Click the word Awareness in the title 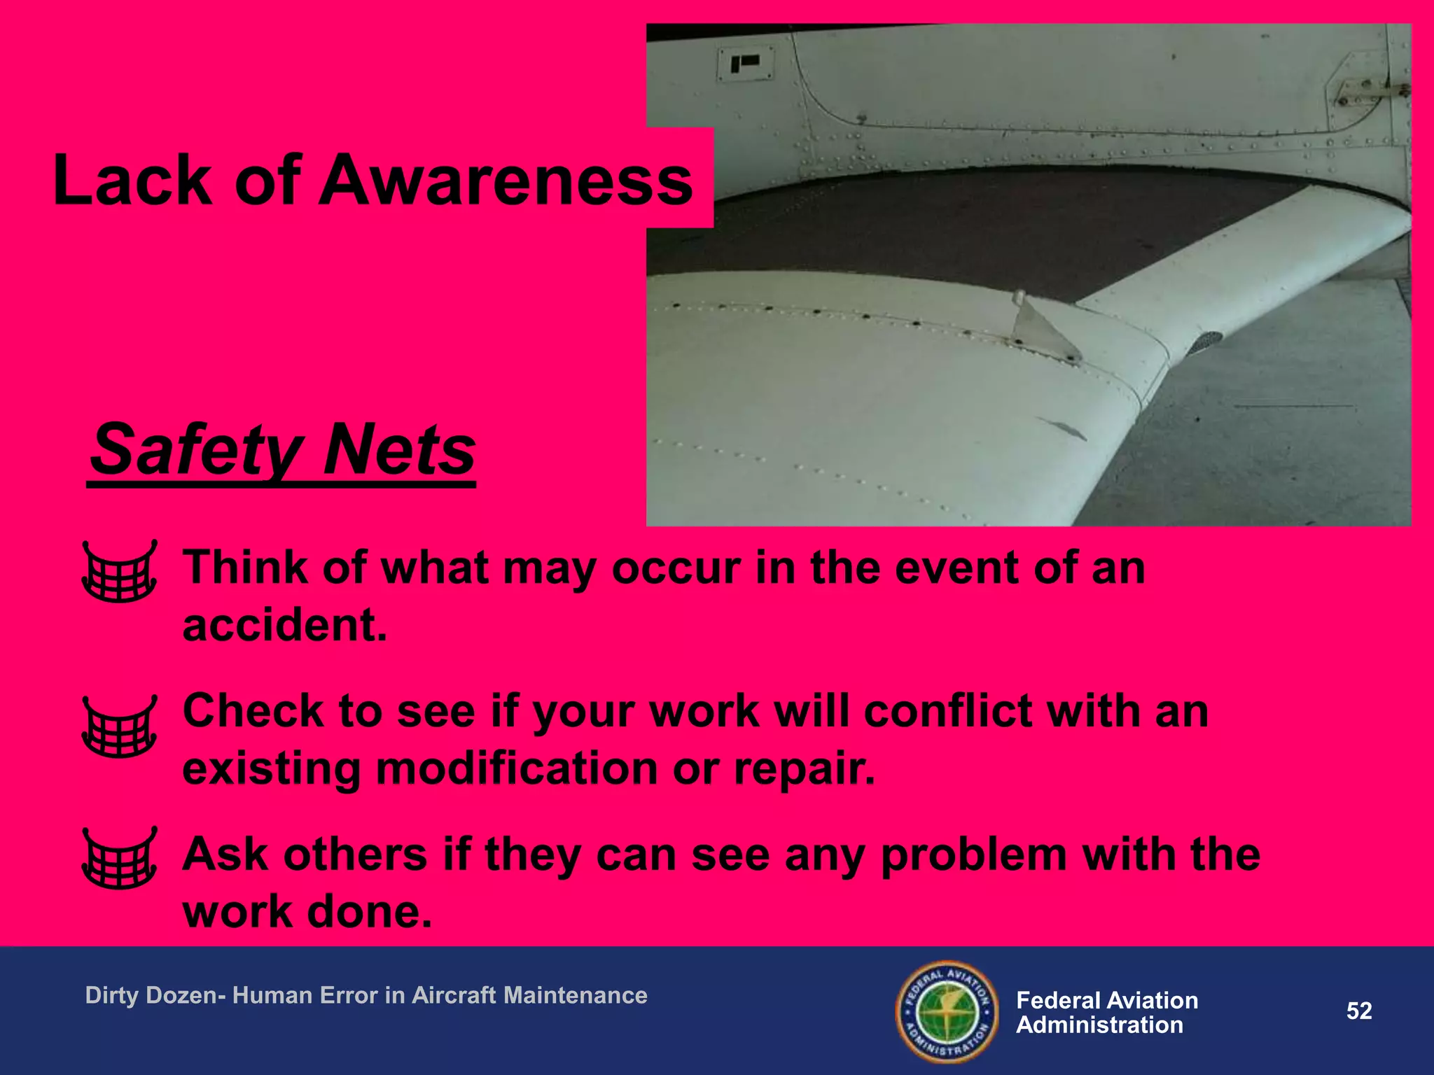506,181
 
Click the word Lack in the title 132,181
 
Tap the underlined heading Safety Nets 283,449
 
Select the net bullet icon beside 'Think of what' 119,571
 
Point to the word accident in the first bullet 284,624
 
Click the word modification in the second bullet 517,768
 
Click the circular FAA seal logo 947,1011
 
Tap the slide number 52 1359,1011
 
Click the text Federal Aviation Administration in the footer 1106,1013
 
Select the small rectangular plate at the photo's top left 746,64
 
